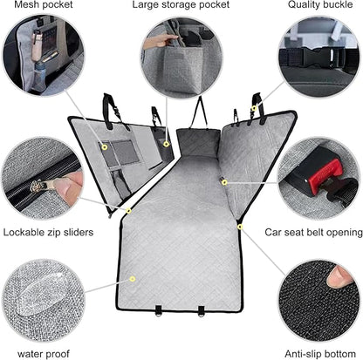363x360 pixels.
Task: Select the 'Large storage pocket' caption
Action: (181, 6)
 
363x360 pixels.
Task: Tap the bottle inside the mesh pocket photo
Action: (36, 70)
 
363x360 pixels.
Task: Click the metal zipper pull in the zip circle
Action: (39, 182)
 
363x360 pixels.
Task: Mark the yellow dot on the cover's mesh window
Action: (104, 147)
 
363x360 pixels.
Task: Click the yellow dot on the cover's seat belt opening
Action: (224, 182)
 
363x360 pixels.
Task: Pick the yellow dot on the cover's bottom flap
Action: (132, 278)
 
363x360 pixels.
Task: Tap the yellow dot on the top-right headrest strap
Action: (253, 109)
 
